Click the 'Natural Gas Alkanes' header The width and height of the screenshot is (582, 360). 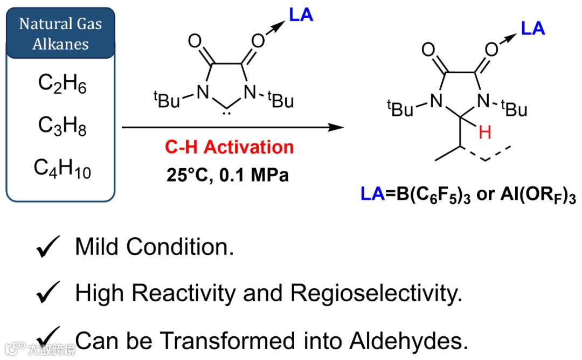pyautogui.click(x=60, y=33)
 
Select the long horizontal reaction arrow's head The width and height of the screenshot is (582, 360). pyautogui.click(x=337, y=128)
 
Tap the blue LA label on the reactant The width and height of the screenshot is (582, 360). pyautogui.click(x=301, y=15)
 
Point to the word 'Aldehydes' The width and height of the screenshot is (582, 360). pyautogui.click(x=406, y=340)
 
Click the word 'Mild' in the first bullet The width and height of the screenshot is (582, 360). pyautogui.click(x=98, y=247)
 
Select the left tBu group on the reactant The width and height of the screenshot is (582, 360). pyautogui.click(x=168, y=100)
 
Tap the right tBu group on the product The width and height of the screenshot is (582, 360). pyautogui.click(x=513, y=109)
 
